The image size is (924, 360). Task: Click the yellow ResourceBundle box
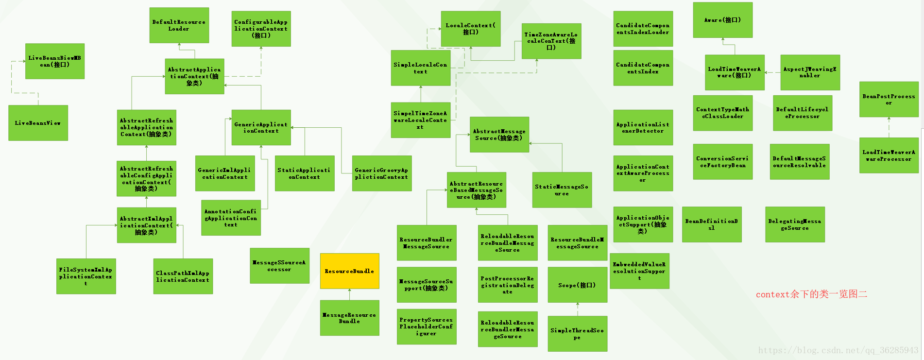(349, 271)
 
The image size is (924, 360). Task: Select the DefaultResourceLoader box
(179, 25)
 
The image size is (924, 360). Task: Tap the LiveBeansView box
(38, 123)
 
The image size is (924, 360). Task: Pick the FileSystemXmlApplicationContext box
(86, 276)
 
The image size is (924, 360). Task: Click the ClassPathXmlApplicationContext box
(183, 276)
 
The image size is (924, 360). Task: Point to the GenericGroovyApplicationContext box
(381, 173)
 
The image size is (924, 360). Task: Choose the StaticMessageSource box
(562, 189)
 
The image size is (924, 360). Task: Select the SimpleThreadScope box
(577, 333)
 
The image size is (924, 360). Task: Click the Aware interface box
(722, 20)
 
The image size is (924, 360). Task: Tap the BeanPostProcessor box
(889, 99)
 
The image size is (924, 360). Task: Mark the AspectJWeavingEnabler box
(810, 72)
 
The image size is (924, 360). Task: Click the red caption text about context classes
(811, 294)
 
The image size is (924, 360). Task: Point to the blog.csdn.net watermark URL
(838, 350)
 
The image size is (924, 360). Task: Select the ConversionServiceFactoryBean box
(722, 162)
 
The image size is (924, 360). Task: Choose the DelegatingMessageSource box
(795, 224)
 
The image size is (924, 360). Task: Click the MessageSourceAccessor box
(279, 265)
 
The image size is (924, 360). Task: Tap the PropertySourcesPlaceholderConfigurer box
(426, 326)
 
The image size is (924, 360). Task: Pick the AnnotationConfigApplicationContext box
(231, 218)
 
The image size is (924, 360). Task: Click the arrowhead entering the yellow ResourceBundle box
(349, 291)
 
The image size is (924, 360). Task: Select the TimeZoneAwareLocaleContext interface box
(551, 41)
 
